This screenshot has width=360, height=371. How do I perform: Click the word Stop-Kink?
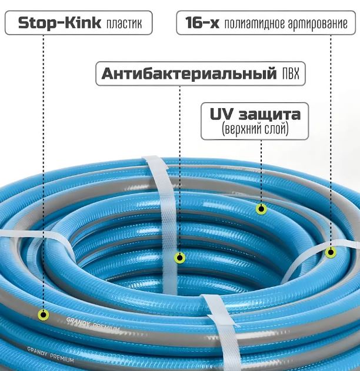coord(59,23)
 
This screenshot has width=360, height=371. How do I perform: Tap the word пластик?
coord(124,24)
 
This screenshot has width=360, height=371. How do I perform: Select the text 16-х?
coord(202,23)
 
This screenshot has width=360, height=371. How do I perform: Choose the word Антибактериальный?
coord(189,73)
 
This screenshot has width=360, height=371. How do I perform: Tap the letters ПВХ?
coord(291,74)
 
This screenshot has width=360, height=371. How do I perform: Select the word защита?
coord(269,115)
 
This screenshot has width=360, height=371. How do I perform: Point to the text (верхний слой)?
coord(255,129)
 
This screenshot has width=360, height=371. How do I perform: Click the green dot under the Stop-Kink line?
coord(44,315)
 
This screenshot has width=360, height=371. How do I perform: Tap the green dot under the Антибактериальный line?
coord(179,258)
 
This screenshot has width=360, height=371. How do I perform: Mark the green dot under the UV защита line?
coord(261,209)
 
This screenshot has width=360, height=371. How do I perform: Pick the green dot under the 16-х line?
coord(331,252)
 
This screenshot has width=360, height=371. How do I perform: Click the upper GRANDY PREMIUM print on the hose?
coord(93,325)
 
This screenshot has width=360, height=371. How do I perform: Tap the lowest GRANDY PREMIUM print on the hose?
coord(51,355)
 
